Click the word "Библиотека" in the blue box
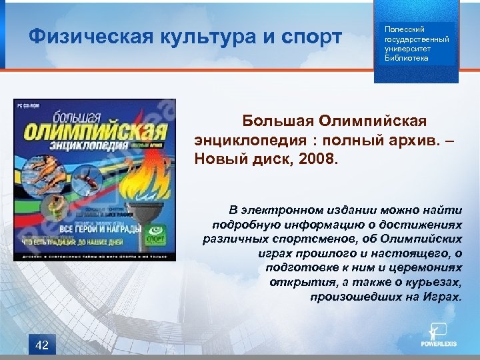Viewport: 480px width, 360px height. (406, 58)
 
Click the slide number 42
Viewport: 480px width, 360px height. (41, 344)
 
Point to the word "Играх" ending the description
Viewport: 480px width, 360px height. (442, 296)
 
